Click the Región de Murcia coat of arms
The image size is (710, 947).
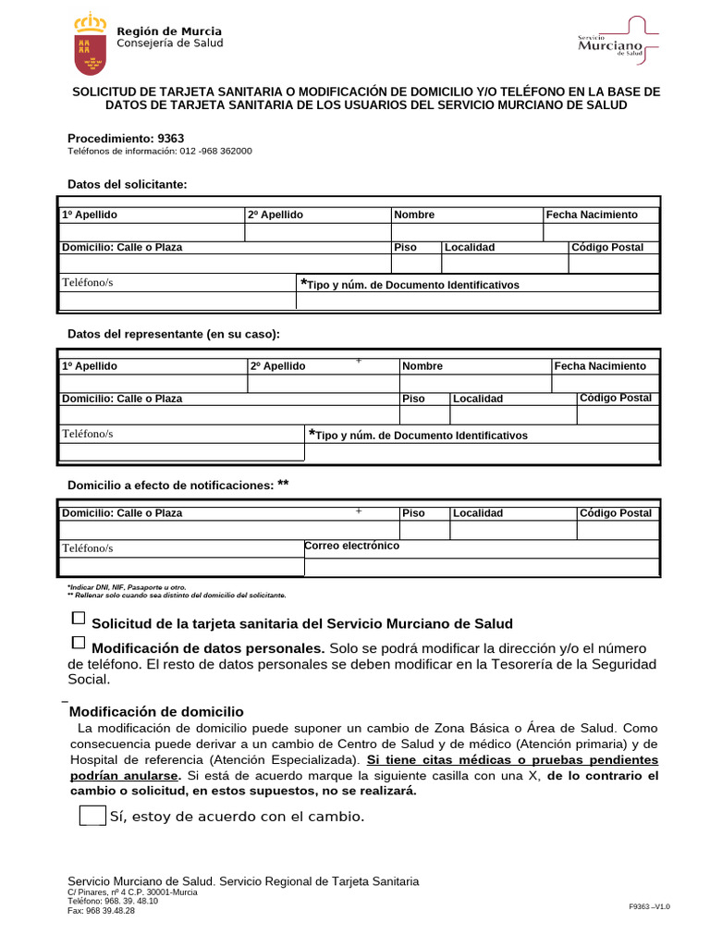[x=89, y=45]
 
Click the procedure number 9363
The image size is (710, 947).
[x=171, y=138]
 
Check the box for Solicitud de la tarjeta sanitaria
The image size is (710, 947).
[x=79, y=618]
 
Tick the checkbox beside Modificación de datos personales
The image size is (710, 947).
[x=79, y=642]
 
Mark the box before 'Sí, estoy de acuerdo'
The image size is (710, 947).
[x=92, y=815]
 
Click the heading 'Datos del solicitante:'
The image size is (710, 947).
[x=128, y=185]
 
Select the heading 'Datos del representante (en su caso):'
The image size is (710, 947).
[x=174, y=334]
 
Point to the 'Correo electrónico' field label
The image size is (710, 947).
[x=351, y=546]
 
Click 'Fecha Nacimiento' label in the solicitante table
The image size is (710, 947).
[x=592, y=215]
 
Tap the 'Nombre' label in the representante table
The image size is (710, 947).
[x=422, y=366]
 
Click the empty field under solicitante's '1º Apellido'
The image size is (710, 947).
[x=152, y=231]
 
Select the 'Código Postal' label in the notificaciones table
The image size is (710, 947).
[x=616, y=513]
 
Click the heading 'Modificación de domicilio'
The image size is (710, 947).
[x=156, y=711]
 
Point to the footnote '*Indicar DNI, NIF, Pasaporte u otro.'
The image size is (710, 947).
[x=127, y=587]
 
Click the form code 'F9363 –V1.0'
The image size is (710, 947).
[x=649, y=907]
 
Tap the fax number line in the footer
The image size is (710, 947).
[x=102, y=911]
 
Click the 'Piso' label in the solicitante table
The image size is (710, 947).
[x=406, y=248]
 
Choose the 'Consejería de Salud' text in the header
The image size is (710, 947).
[x=169, y=43]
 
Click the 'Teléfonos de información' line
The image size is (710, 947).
[x=160, y=151]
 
